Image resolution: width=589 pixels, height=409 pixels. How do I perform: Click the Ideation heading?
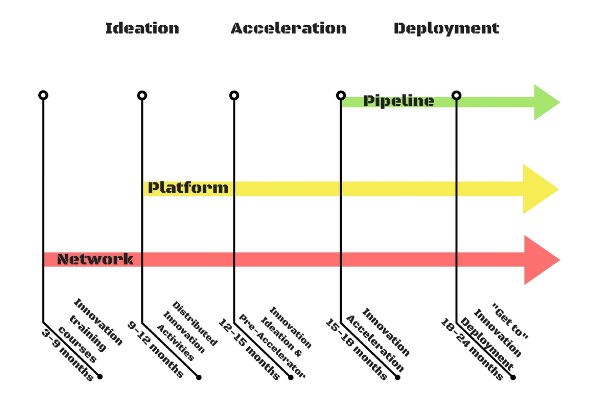coord(142,28)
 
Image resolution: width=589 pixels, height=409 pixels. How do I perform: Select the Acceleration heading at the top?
coord(288,28)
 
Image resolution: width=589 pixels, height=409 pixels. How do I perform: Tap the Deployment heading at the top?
coord(446,29)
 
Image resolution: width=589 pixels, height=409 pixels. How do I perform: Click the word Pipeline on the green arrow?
coord(398,101)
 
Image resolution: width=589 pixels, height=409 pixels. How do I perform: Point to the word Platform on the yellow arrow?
coord(188,188)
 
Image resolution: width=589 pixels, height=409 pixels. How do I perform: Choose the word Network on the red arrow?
coord(95,259)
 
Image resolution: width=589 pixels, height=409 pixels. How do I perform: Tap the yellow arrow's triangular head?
coord(538,189)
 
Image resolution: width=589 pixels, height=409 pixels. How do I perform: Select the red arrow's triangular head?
coord(539,260)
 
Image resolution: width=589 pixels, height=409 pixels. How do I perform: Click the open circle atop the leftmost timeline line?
coord(43,95)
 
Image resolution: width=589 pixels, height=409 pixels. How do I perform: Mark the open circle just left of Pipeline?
coord(341,95)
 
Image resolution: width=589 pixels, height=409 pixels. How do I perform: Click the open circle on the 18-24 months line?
coord(456,95)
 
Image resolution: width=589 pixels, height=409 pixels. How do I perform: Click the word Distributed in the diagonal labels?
coord(194,324)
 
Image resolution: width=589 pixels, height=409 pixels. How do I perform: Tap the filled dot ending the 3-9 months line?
coord(100,377)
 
